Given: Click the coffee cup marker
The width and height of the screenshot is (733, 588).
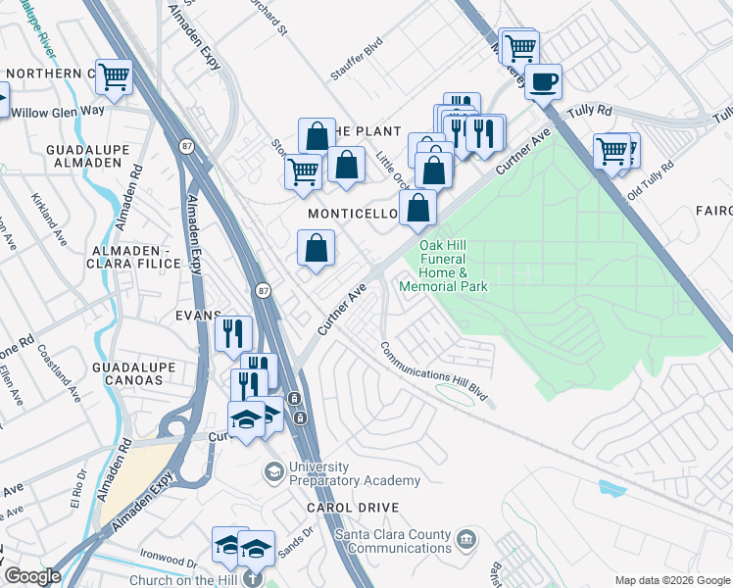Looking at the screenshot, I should (x=543, y=81).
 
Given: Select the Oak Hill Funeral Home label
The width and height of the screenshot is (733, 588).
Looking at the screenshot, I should (x=444, y=266).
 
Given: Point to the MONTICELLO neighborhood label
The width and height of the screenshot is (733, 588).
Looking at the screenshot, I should (x=351, y=213).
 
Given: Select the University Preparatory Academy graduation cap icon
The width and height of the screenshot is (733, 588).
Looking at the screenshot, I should (x=274, y=473).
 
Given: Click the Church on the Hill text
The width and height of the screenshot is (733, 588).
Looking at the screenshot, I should (x=183, y=580).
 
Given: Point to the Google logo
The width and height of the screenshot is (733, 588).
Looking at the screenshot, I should (x=32, y=576).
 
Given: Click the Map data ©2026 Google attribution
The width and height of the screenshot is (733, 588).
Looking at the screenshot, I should (x=671, y=580).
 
